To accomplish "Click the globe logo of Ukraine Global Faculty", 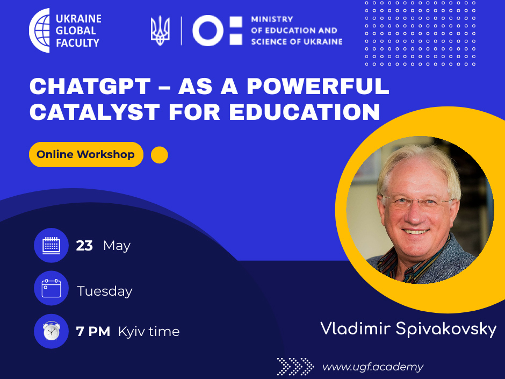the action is coord(40,30).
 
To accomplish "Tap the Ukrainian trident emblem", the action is coord(160,31).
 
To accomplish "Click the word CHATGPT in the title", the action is coord(90,87).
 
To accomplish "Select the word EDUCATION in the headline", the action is coord(305,112).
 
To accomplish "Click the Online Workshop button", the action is coord(86,154).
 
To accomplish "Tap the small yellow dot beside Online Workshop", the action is coord(160,155).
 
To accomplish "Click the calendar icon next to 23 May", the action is coord(51,245).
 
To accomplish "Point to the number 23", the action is coord(84,246).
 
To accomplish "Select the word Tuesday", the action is coord(105,291).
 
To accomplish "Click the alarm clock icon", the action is coord(51,331).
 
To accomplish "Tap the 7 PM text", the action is coord(93,331).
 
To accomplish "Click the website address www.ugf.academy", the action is coord(373,367).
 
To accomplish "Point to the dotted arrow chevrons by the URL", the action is coord(295,367).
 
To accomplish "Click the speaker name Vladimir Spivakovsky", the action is coord(408,329).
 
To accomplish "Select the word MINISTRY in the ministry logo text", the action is coord(272,19).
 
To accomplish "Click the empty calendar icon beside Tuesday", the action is coord(51,288).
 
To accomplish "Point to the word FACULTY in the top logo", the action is coord(77,43).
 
